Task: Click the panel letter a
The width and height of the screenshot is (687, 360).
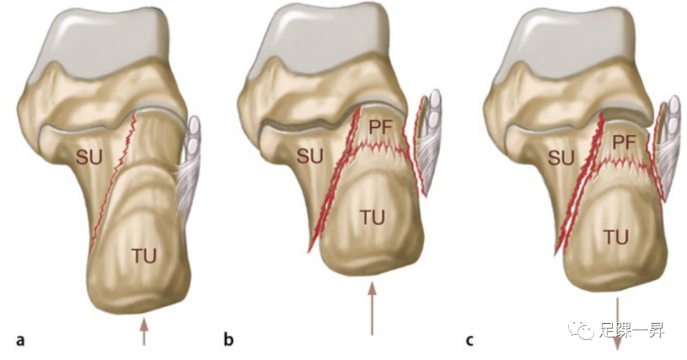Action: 21,340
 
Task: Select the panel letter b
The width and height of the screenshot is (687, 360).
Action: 229,340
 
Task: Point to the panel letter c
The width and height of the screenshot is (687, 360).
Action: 469,340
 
